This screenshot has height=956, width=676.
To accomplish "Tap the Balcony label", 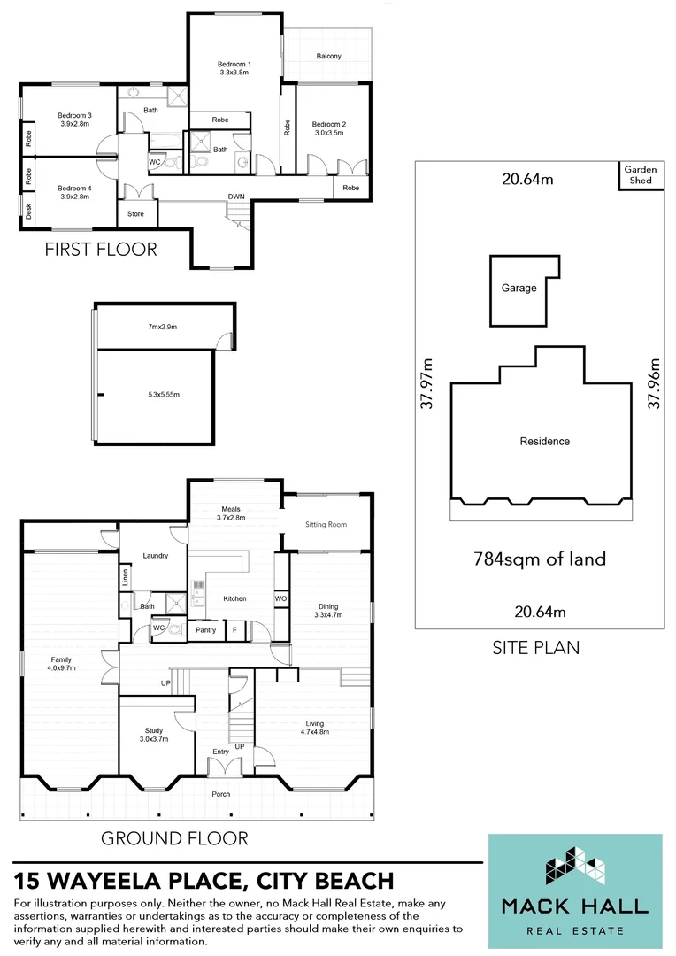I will point(328,57).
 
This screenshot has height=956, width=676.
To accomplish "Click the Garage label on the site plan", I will point(519,289).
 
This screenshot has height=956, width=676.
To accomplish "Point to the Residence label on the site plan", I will point(544,441).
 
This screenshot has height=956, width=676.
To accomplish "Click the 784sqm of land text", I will point(539,559).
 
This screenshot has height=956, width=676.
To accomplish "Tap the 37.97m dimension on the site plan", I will point(427,382).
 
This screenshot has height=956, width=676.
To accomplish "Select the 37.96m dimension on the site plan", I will point(654,382).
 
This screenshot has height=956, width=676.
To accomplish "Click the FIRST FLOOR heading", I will point(101,250).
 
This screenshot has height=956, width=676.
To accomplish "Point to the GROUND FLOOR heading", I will point(174,837).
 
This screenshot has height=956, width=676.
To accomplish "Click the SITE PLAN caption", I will point(535,647).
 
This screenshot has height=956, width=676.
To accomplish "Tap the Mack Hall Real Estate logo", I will point(574,886).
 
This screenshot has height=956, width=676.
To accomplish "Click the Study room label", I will point(153,736).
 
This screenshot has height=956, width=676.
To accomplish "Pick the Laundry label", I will point(155,556).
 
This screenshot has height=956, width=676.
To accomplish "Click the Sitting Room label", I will point(326,524).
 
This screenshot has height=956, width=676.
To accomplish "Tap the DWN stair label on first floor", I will point(236,197).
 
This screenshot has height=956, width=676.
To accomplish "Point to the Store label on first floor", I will point(135,213).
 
